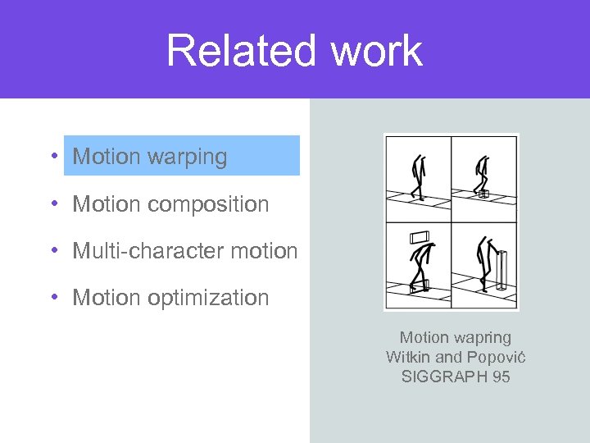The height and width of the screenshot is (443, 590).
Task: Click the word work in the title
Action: pyautogui.click(x=377, y=51)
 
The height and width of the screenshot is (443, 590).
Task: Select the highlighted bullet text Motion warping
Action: pyautogui.click(x=150, y=157)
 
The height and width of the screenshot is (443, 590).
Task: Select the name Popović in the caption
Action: pyautogui.click(x=495, y=357)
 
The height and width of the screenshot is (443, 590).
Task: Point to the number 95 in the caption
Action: pyautogui.click(x=500, y=377)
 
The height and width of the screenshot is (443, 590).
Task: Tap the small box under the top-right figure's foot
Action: pyautogui.click(x=483, y=194)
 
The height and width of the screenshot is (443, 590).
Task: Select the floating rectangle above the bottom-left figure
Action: pyautogui.click(x=420, y=238)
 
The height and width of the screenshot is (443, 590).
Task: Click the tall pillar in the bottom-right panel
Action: pyautogui.click(x=501, y=270)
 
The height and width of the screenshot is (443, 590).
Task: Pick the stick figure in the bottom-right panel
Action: pyautogui.click(x=486, y=263)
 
